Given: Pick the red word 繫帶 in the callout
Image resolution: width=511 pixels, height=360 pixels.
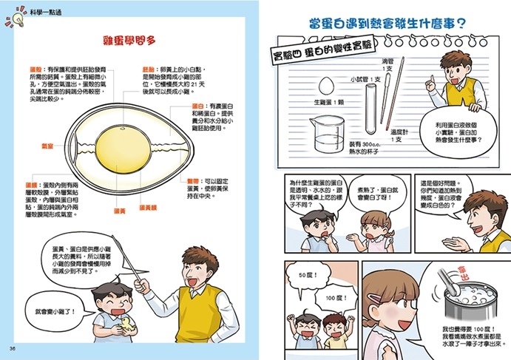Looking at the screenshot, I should point(192,180).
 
